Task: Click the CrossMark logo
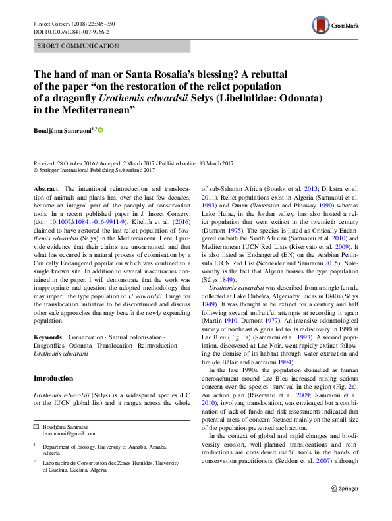tap(335, 26)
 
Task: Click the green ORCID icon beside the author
tap(101, 130)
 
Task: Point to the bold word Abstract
tap(45, 189)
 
